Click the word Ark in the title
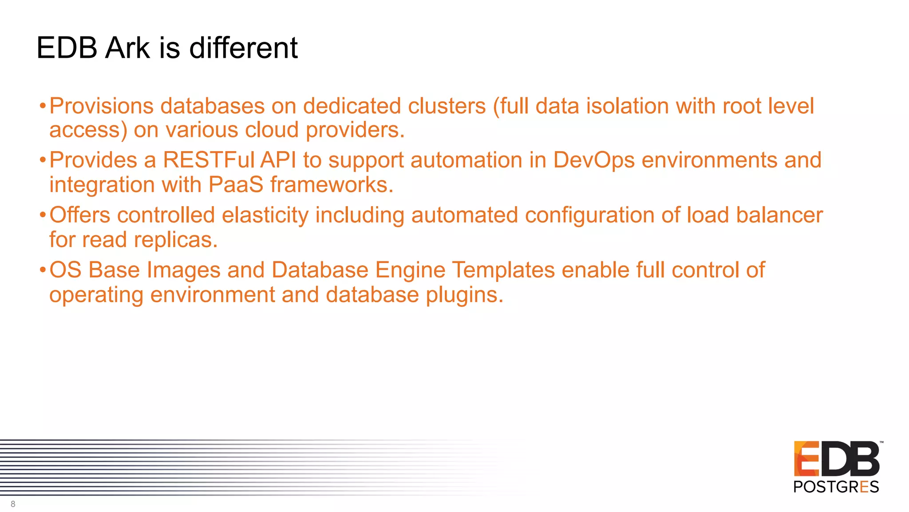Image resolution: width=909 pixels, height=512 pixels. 127,48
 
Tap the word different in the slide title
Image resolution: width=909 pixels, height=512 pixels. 243,48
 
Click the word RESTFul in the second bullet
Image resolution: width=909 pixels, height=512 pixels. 209,160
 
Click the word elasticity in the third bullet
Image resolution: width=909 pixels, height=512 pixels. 265,216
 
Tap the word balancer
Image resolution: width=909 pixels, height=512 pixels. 779,215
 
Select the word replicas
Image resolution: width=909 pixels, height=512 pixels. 175,240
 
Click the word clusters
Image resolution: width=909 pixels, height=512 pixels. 447,106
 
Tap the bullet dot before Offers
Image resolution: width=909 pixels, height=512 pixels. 43,216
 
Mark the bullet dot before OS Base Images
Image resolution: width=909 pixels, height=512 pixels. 43,270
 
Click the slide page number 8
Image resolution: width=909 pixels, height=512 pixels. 13,504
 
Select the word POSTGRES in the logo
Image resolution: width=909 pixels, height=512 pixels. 836,487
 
